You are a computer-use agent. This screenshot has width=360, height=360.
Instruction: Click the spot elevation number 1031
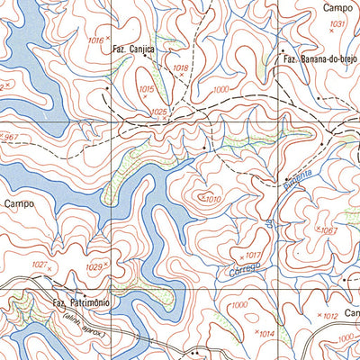coord(337,23)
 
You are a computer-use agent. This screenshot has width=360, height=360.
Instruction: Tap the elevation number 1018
coord(180,68)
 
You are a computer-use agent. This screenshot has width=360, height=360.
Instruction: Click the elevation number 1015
coord(148,90)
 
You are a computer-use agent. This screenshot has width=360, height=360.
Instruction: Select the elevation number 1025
coord(159,111)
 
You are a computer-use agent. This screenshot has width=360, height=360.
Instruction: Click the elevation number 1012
coord(329,316)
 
